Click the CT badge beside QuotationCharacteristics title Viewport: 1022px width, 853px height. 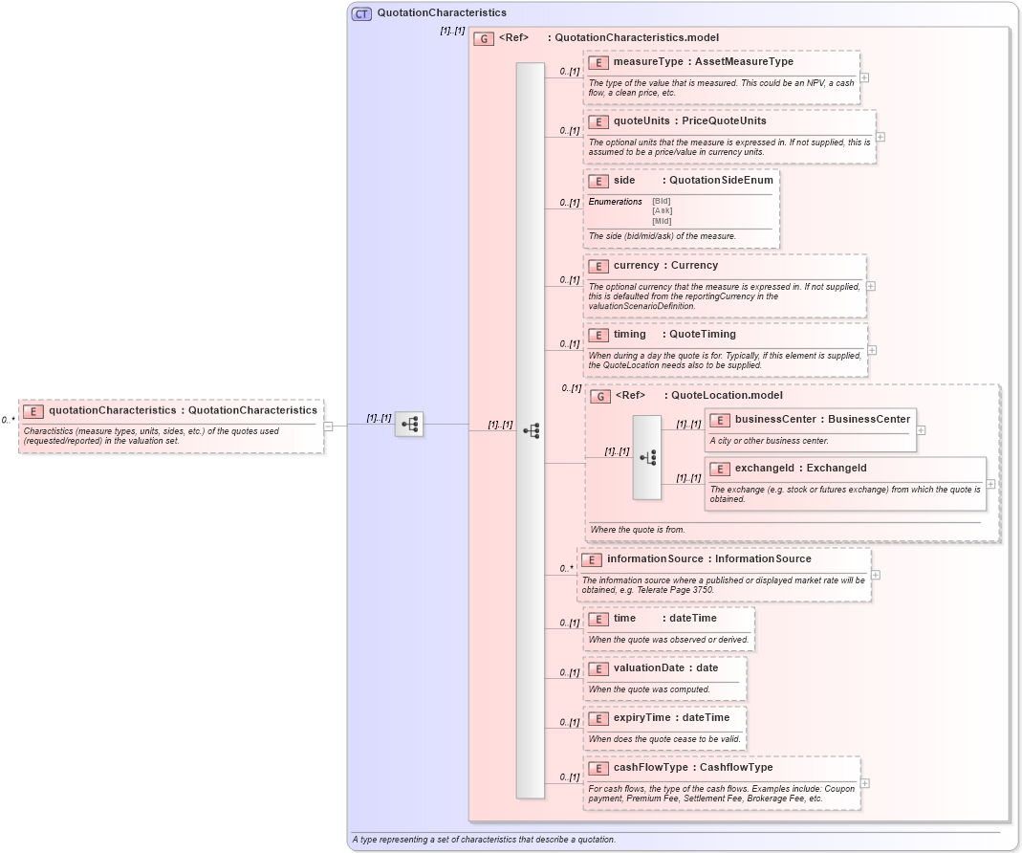[361, 13]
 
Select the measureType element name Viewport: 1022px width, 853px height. [647, 62]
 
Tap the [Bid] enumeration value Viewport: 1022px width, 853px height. [662, 201]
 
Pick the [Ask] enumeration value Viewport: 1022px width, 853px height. [662, 210]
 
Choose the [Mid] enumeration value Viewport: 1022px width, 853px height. [662, 221]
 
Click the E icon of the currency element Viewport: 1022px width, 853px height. [598, 266]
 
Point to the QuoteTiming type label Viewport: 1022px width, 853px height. [703, 335]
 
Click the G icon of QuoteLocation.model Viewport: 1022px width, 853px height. [600, 396]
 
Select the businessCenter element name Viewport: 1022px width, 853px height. [775, 419]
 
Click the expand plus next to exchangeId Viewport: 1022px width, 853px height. [990, 484]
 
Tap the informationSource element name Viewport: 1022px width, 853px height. [655, 558]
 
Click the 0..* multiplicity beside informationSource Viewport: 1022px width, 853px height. [567, 568]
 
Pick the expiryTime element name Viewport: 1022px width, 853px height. [643, 718]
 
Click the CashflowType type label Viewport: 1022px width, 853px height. [736, 768]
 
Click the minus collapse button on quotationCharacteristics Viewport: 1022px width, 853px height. [328, 426]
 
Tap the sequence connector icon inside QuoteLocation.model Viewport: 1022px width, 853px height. [646, 458]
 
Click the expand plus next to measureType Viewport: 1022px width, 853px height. [864, 78]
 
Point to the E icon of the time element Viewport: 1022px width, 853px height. [598, 619]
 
